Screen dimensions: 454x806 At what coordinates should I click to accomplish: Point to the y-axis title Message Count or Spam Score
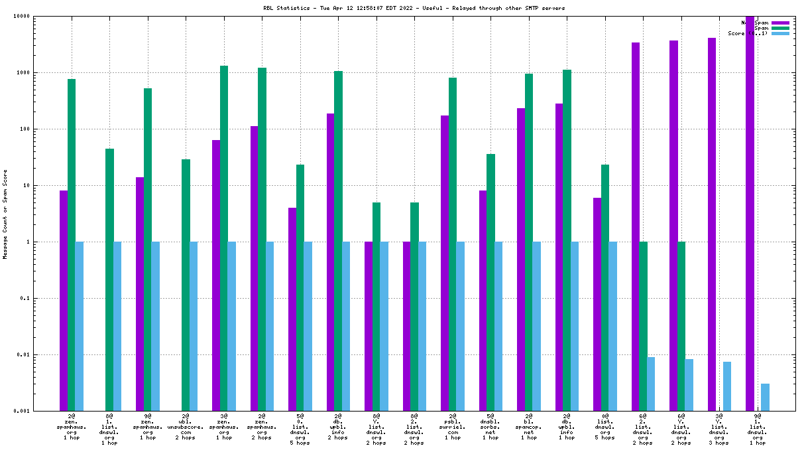pyautogui.click(x=5, y=214)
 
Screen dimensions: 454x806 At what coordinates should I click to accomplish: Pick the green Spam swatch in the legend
pyautogui.click(x=781, y=28)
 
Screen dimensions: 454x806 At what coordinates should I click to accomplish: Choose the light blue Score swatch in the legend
pyautogui.click(x=781, y=33)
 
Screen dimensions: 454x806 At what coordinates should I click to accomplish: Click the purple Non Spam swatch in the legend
pyautogui.click(x=781, y=23)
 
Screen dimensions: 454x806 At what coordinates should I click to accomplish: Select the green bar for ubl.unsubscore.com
pyautogui.click(x=186, y=285)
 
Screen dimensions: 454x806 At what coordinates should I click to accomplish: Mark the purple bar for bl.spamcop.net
pyautogui.click(x=521, y=259)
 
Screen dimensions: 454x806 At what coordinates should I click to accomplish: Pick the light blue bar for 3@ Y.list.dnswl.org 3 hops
pyautogui.click(x=727, y=386)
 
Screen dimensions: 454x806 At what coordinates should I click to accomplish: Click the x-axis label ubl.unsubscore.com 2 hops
pyautogui.click(x=186, y=427)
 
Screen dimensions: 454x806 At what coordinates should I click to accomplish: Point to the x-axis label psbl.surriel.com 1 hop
pyautogui.click(x=453, y=427)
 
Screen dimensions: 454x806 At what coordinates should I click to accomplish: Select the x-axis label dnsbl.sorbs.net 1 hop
pyautogui.click(x=490, y=427)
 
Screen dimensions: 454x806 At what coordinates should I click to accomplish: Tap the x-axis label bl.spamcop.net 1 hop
pyautogui.click(x=529, y=427)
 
